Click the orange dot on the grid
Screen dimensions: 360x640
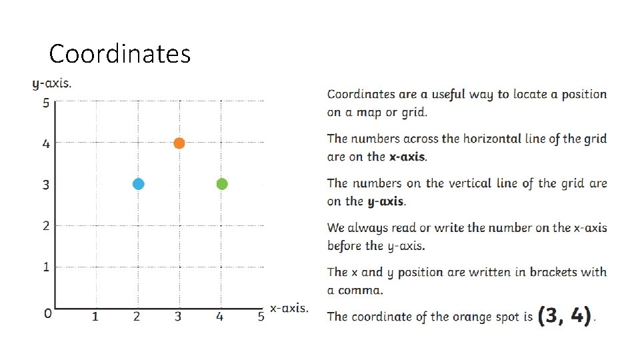tap(179, 143)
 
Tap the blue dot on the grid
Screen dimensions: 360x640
tap(138, 184)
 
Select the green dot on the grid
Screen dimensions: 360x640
tap(222, 184)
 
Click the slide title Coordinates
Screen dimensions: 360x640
tap(120, 53)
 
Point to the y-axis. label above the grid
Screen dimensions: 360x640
tap(52, 84)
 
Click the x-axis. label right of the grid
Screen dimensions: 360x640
tap(289, 308)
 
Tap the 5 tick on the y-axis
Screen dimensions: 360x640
tap(46, 103)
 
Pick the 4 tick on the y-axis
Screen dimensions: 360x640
tap(46, 143)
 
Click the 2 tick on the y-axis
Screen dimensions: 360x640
tap(46, 226)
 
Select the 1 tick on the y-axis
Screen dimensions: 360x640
tap(46, 267)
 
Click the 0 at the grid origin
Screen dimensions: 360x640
tap(47, 313)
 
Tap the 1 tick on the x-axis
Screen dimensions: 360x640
tap(95, 317)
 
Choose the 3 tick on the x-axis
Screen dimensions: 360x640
tap(178, 317)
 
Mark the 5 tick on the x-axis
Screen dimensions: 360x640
tap(261, 317)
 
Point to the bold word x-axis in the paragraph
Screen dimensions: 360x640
tap(407, 157)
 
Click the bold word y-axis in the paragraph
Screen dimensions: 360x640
tap(385, 201)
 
